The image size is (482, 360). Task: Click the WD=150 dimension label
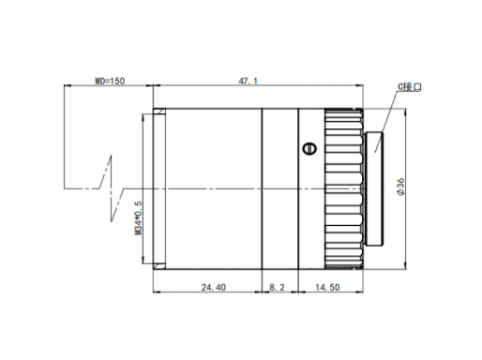[110, 81]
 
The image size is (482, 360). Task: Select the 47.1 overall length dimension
[249, 82]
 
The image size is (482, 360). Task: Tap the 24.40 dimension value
[214, 287]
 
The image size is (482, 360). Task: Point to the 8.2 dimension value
[277, 287]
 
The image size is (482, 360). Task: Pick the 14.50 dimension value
[327, 287]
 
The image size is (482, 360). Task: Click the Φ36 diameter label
[400, 187]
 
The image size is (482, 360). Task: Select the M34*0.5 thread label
[138, 217]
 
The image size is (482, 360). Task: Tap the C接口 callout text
[410, 87]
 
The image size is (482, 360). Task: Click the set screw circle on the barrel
[309, 149]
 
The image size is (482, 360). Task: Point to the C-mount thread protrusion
[374, 188]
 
